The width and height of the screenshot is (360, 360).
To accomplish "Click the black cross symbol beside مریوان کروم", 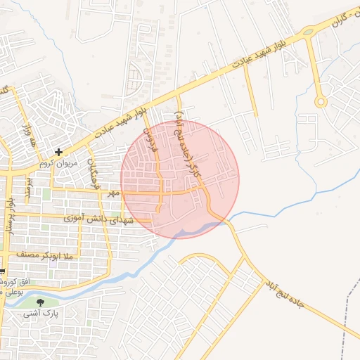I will (x=59, y=151).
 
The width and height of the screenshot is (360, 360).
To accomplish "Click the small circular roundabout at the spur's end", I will (x=321, y=102).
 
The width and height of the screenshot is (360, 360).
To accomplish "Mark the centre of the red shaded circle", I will (x=180, y=179).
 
